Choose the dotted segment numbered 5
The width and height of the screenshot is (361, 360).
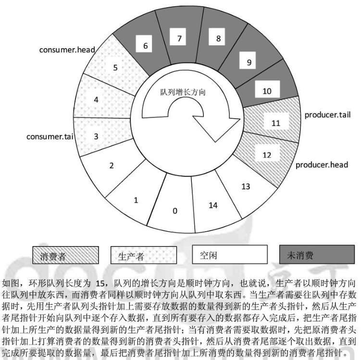(x=115, y=67)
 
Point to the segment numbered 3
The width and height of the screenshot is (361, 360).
(x=96, y=136)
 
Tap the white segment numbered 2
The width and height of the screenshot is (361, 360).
(x=112, y=166)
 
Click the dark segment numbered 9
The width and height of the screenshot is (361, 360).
(x=249, y=62)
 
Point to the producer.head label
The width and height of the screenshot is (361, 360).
(x=322, y=165)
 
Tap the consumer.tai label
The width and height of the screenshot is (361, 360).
(x=49, y=137)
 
